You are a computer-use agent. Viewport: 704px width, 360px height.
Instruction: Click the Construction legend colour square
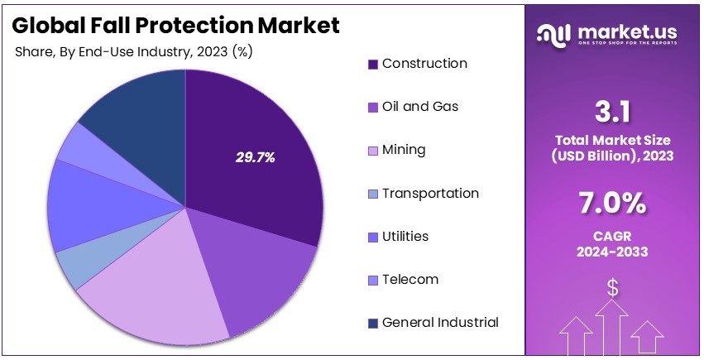click(x=373, y=64)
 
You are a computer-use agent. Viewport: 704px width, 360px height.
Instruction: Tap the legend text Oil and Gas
click(x=419, y=107)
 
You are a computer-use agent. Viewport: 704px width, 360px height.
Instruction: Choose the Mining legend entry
click(x=404, y=150)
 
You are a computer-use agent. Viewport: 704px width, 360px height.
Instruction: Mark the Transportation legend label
click(x=430, y=193)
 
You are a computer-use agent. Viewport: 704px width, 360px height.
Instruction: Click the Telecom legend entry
click(x=409, y=279)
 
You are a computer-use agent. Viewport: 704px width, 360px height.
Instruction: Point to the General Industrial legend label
click(x=440, y=322)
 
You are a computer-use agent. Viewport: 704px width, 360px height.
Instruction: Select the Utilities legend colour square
click(x=373, y=237)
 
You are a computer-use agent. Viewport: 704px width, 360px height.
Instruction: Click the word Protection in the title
click(x=181, y=26)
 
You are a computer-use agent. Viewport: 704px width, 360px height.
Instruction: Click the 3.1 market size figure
click(x=613, y=111)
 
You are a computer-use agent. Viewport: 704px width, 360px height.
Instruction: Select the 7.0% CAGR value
click(x=613, y=203)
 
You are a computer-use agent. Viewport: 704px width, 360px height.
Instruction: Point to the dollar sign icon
click(x=613, y=287)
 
